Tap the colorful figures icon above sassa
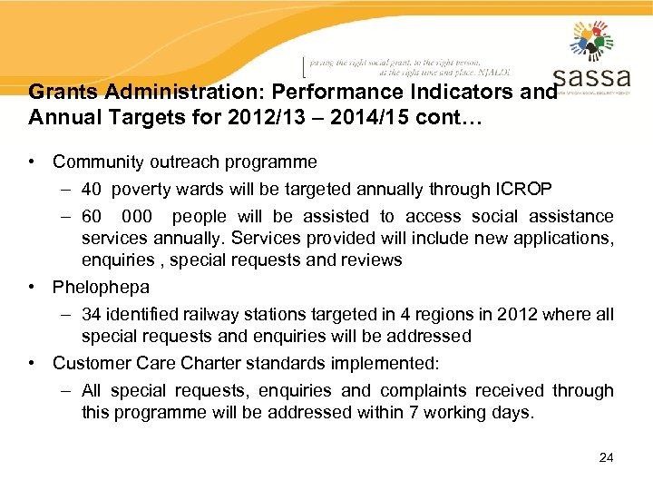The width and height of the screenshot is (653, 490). coord(592,41)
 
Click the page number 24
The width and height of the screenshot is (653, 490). coord(606,457)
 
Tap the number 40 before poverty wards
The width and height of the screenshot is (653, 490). coord(91,189)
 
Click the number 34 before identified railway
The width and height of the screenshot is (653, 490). coord(91,314)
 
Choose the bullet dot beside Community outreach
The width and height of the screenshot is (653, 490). coord(32,162)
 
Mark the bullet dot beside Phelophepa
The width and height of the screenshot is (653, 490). coord(32,288)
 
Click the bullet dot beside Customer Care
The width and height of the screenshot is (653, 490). coord(32,364)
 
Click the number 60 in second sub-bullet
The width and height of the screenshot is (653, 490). coord(91,216)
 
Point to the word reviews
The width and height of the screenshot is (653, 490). coord(370,260)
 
